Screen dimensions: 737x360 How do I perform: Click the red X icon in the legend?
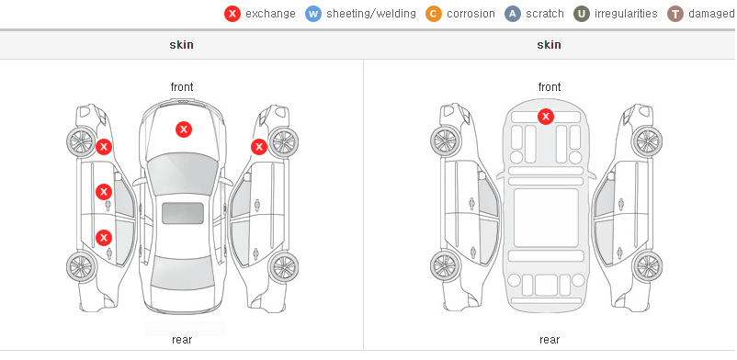232,14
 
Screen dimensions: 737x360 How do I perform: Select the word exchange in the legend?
270,14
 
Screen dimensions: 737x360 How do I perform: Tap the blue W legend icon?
313,14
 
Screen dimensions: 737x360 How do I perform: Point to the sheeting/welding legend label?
371,14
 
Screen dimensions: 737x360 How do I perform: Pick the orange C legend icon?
434,14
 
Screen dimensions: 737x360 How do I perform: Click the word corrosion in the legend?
471,14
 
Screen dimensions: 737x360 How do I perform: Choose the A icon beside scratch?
513,14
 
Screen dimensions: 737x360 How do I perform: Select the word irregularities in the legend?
626,14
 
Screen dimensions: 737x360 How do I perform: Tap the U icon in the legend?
582,14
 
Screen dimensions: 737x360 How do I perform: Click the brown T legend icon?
675,14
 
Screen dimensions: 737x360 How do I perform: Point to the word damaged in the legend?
711,14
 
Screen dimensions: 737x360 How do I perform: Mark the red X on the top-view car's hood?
184,129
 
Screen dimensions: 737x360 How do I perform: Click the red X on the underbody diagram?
546,116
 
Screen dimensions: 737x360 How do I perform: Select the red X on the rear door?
104,238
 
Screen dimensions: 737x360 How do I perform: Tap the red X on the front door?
104,192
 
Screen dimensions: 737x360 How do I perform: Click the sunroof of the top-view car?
183,213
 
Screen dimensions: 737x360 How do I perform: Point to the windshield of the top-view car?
183,174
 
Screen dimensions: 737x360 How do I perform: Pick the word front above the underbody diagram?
550,87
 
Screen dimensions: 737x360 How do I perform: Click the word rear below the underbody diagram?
550,340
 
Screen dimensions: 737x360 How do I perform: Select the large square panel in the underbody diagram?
546,218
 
